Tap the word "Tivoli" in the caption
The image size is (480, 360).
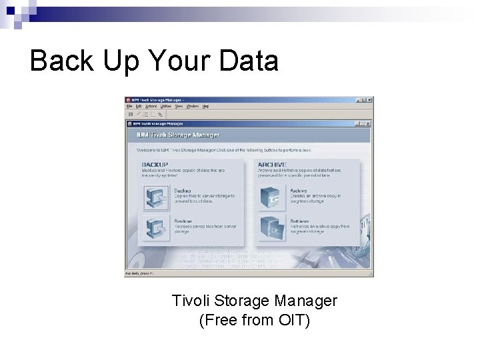191,301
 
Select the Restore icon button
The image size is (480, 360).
156,227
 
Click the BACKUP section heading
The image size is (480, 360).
154,165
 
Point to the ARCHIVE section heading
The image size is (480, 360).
272,165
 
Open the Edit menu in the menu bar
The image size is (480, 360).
139,106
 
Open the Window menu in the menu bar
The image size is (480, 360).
192,106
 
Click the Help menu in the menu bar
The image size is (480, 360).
205,106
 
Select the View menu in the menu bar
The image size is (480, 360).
179,106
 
